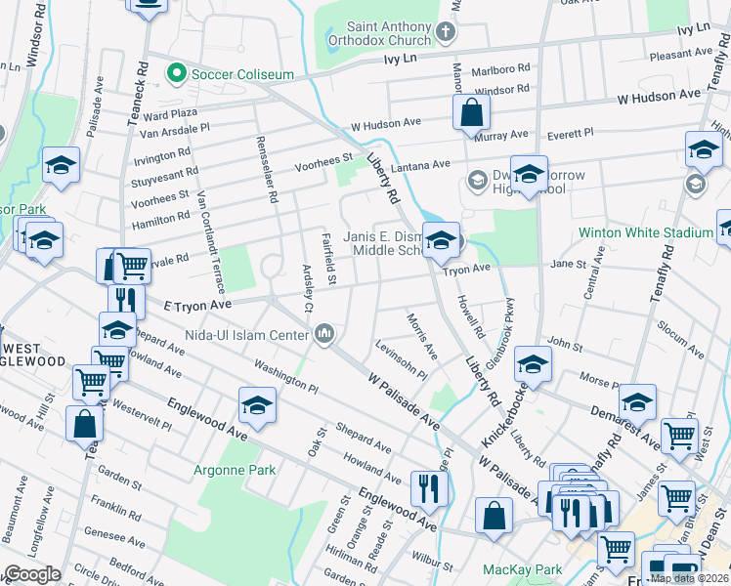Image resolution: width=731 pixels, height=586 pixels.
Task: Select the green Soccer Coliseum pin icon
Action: pyautogui.click(x=177, y=72)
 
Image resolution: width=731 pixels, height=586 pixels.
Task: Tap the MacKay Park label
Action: pyautogui.click(x=522, y=568)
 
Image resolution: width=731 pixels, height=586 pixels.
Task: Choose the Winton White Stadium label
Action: pyautogui.click(x=645, y=232)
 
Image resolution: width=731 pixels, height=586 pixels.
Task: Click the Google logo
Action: pyautogui.click(x=32, y=574)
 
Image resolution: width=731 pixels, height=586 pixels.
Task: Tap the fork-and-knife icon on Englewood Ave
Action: pyautogui.click(x=429, y=488)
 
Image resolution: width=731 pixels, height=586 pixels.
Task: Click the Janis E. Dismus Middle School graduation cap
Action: pyautogui.click(x=442, y=240)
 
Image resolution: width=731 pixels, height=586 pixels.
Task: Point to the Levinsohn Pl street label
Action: pyautogui.click(x=401, y=360)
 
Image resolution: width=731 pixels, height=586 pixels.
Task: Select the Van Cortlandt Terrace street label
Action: pyautogui.click(x=212, y=240)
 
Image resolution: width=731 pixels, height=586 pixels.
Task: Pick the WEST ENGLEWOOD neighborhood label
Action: pyautogui.click(x=33, y=355)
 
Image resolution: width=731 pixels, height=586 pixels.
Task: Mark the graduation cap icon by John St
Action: pyautogui.click(x=533, y=364)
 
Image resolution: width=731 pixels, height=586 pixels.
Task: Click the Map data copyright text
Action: pyautogui.click(x=689, y=578)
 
